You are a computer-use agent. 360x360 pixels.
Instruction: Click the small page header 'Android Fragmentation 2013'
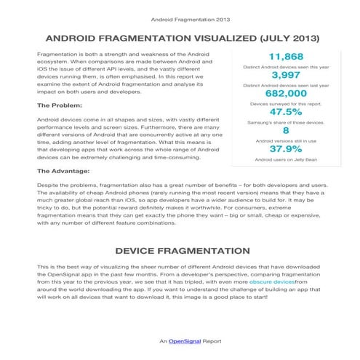point(180,20)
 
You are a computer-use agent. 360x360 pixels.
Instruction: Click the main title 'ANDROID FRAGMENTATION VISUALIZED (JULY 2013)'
point(180,38)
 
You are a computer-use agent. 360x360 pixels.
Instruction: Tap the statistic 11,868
point(286,57)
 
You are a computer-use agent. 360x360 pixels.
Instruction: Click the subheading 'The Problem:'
point(59,106)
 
